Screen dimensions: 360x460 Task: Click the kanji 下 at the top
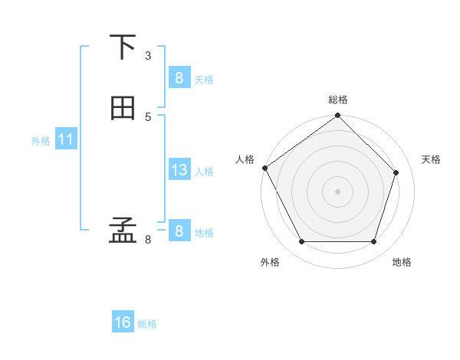pyautogui.click(x=123, y=47)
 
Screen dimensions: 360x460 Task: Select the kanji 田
pyautogui.click(x=123, y=109)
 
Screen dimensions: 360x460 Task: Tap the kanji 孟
pyautogui.click(x=123, y=231)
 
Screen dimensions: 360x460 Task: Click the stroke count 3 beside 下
pyautogui.click(x=148, y=55)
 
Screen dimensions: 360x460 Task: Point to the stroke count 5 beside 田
pyautogui.click(x=148, y=116)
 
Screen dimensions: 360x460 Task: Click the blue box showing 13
pyautogui.click(x=179, y=170)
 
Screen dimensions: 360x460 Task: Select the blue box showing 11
pyautogui.click(x=65, y=140)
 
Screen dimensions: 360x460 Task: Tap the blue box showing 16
pyautogui.click(x=123, y=322)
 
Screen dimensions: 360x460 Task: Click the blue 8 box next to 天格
pyautogui.click(x=179, y=78)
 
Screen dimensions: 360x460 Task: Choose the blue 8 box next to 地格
pyautogui.click(x=179, y=231)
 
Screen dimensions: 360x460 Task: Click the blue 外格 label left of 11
pyautogui.click(x=41, y=141)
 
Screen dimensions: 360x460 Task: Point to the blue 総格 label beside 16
pyautogui.click(x=147, y=324)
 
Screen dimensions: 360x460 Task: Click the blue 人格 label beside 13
pyautogui.click(x=204, y=172)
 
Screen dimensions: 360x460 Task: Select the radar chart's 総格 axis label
pyautogui.click(x=338, y=100)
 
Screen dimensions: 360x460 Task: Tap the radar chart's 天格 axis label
pyautogui.click(x=432, y=159)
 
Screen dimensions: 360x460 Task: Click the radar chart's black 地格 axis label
pyautogui.click(x=402, y=263)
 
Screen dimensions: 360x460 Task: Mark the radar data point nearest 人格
pyautogui.click(x=265, y=168)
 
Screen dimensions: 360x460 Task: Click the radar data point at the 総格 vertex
pyautogui.click(x=338, y=116)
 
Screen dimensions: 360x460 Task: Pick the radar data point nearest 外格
pyautogui.click(x=301, y=242)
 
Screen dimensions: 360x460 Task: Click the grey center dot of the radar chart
pyautogui.click(x=338, y=191)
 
